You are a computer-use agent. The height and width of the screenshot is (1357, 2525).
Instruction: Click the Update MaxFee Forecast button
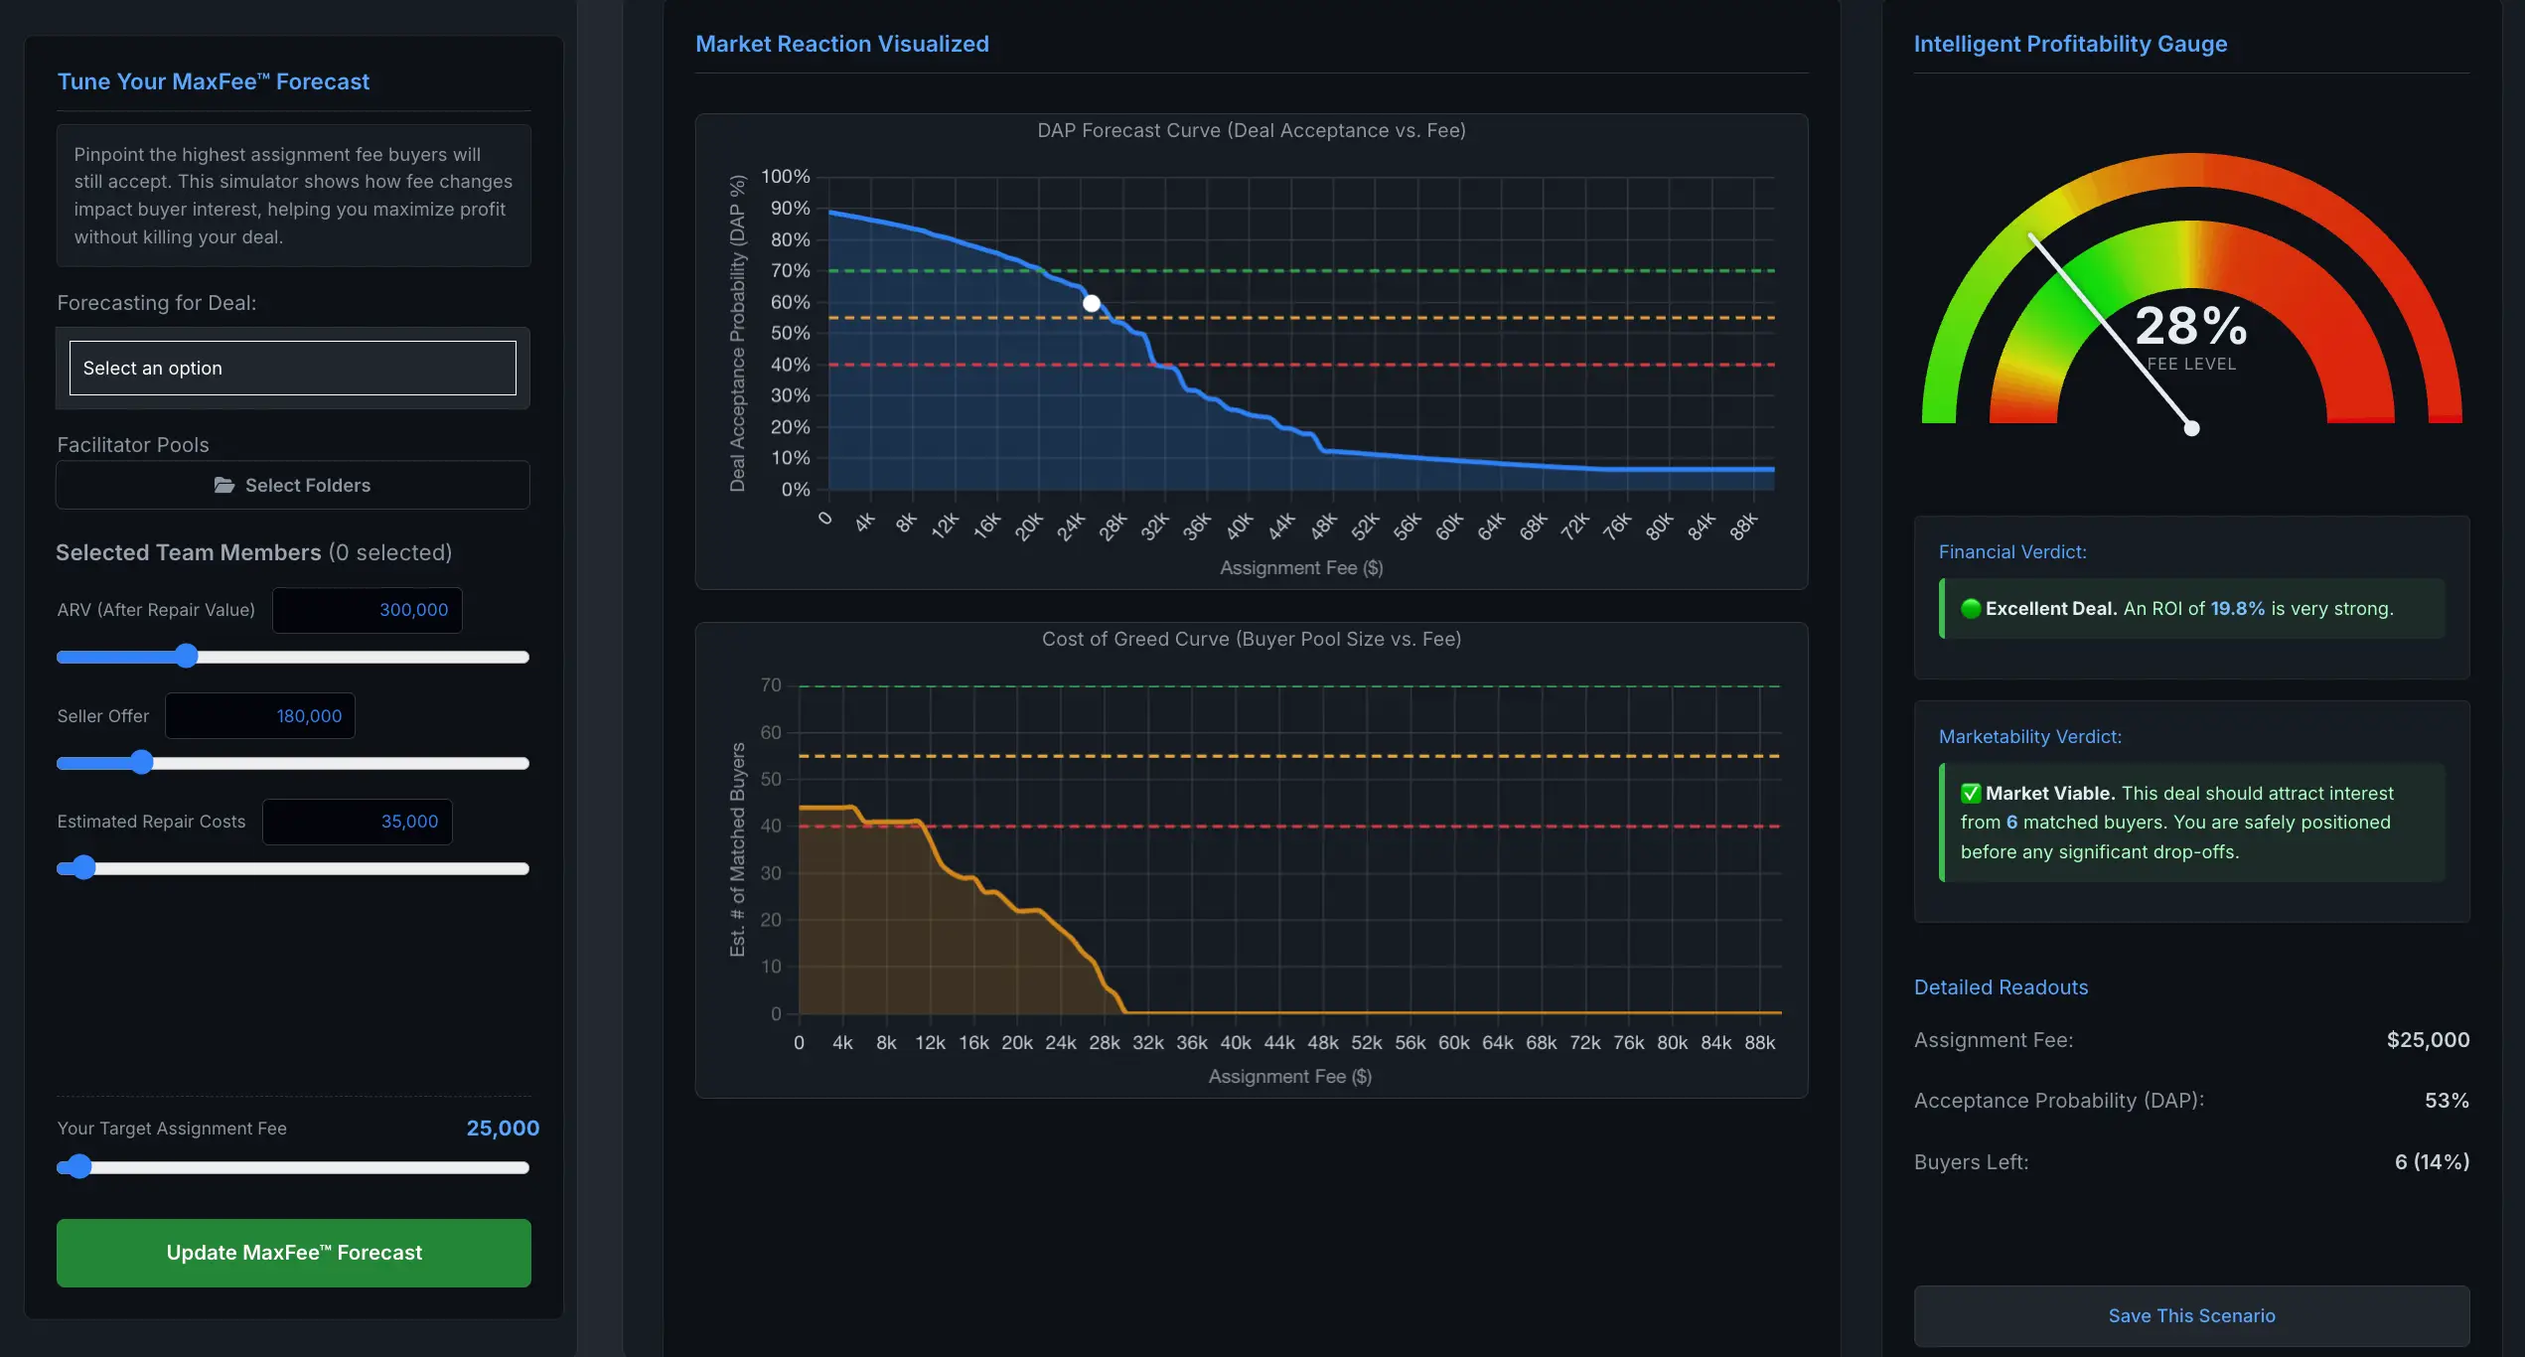pyautogui.click(x=293, y=1253)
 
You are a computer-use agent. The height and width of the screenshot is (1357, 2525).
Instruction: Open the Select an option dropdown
pyautogui.click(x=293, y=368)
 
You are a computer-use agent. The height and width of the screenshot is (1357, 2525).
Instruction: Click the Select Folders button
pyautogui.click(x=293, y=485)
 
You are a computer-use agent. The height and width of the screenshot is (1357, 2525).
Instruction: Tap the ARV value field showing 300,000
pyautogui.click(x=368, y=610)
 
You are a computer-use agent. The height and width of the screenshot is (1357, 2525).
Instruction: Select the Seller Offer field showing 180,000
pyautogui.click(x=260, y=716)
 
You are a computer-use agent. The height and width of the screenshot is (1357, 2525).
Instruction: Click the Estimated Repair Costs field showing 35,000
pyautogui.click(x=358, y=822)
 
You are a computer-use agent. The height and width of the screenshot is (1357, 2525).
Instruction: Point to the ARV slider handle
pyautogui.click(x=186, y=657)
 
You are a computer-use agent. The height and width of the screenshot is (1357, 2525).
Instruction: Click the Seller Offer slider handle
pyautogui.click(x=142, y=763)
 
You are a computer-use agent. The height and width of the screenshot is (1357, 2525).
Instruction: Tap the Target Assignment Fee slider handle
pyautogui.click(x=79, y=1167)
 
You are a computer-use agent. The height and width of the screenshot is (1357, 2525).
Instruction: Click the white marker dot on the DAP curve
pyautogui.click(x=1092, y=303)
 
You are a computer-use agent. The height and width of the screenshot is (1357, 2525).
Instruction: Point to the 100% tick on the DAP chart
pyautogui.click(x=786, y=177)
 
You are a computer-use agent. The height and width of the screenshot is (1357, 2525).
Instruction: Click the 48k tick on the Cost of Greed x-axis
pyautogui.click(x=1322, y=1042)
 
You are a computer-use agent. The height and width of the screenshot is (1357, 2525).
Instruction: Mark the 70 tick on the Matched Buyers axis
pyautogui.click(x=771, y=685)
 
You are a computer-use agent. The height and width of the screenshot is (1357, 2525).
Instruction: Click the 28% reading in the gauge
pyautogui.click(x=2190, y=326)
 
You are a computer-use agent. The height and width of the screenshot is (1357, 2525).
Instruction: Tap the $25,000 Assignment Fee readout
pyautogui.click(x=2428, y=1040)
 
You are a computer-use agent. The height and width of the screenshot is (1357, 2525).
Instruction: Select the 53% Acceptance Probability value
pyautogui.click(x=2446, y=1101)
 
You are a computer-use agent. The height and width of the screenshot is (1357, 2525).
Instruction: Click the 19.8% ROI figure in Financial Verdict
pyautogui.click(x=2237, y=609)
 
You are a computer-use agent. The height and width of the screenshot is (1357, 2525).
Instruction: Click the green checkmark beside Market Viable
pyautogui.click(x=1971, y=794)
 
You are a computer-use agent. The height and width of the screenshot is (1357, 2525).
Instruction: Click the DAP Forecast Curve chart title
pyautogui.click(x=1251, y=131)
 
